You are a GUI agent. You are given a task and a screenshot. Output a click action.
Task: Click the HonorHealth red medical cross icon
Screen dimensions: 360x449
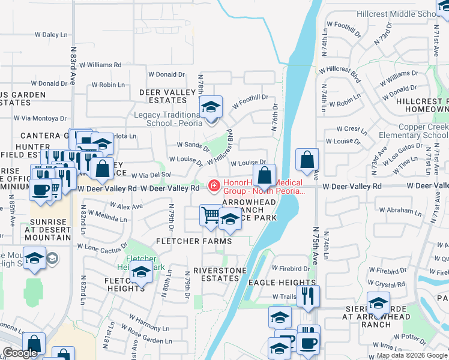coord(213,186)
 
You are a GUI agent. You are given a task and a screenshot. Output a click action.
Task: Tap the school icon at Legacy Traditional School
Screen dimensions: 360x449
coord(211,107)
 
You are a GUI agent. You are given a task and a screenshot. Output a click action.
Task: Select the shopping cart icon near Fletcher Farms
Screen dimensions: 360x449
coord(211,215)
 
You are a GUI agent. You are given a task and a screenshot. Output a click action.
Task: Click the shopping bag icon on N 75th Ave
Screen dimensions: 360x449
coord(307,160)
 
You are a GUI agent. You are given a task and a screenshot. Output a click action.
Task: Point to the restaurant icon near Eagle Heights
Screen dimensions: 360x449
coord(308,296)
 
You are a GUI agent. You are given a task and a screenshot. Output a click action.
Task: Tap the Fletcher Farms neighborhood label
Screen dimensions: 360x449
coord(194,241)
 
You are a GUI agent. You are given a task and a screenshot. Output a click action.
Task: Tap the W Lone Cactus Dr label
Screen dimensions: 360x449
coord(103,246)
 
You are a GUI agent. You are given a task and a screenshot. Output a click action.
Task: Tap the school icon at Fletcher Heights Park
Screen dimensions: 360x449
coord(141,272)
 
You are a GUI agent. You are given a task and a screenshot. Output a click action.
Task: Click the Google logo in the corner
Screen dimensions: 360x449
coord(20,353)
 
